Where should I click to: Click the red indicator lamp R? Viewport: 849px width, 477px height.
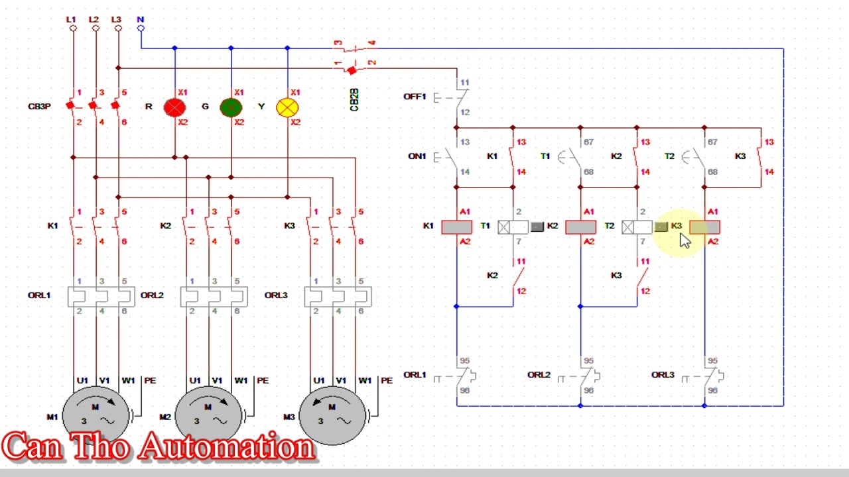pos(174,107)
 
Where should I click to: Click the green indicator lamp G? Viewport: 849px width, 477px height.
pos(231,107)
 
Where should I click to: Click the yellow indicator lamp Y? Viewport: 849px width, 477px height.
pos(287,107)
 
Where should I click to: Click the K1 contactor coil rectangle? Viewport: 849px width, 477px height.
pos(456,227)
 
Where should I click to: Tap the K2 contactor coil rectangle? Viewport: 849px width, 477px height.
pos(580,227)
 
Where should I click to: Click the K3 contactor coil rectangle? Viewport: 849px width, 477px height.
pos(704,227)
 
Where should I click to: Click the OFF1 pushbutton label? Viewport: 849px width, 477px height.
pos(415,97)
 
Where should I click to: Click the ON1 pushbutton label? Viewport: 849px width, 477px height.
pos(417,156)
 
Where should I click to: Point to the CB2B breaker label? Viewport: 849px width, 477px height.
pos(354,99)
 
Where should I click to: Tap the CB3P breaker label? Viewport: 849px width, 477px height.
pos(39,107)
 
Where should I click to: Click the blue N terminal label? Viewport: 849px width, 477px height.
pos(140,20)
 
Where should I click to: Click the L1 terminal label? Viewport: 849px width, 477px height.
pos(71,20)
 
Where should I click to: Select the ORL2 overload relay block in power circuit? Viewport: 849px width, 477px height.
pos(214,296)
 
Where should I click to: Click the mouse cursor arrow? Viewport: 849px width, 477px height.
pos(685,240)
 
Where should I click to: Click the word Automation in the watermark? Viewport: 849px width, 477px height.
pos(226,447)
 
